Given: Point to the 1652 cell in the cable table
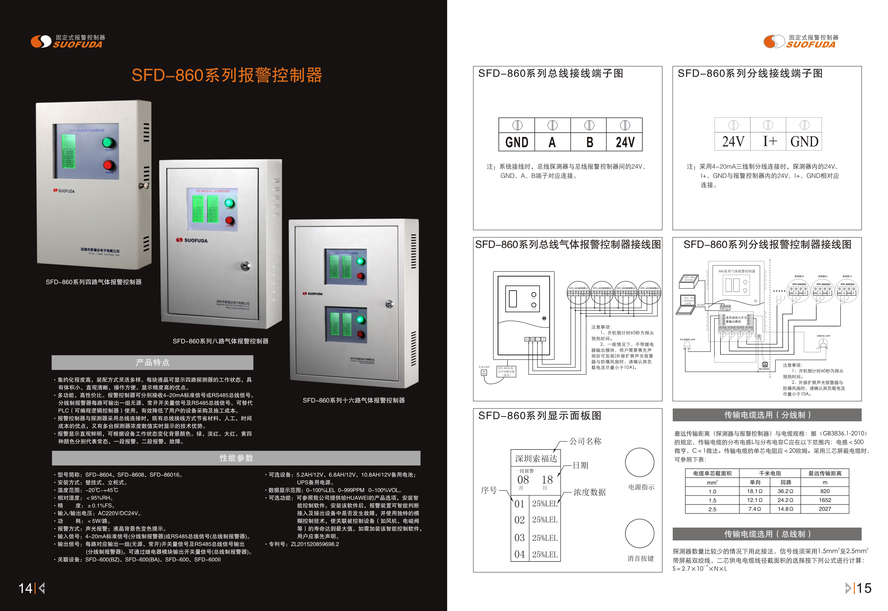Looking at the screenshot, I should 825,500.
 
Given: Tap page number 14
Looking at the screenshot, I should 26,588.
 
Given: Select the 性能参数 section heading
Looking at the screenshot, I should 236,458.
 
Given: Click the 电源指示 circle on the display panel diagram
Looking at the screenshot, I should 640,462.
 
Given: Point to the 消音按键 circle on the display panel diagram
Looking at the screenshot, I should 640,533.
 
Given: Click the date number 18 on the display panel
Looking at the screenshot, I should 547,480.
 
